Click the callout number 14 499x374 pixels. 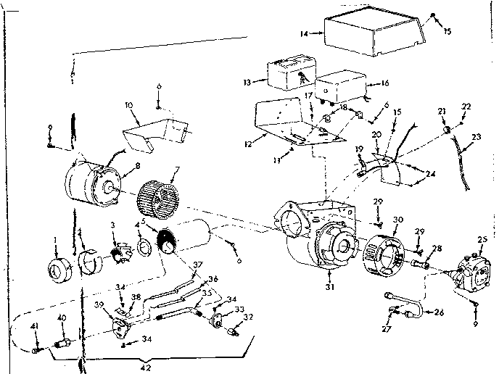(x=305, y=33)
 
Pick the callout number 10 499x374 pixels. (x=128, y=107)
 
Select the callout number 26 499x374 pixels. (x=440, y=312)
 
